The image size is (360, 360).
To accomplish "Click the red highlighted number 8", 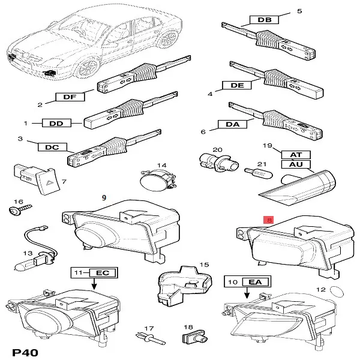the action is [x=269, y=220].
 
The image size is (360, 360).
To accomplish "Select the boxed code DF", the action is [x=70, y=97].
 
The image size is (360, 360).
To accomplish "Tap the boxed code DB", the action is [x=264, y=20].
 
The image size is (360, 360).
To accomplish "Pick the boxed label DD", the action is [x=56, y=123].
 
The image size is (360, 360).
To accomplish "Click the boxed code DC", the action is [x=52, y=147].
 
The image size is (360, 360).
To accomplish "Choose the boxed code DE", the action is [x=237, y=85].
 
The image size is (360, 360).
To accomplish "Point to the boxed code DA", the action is [x=232, y=124].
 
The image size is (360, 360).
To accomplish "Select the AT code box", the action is [x=296, y=155].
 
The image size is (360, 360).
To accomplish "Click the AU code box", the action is [x=296, y=164].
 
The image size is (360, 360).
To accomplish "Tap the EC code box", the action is [x=103, y=273].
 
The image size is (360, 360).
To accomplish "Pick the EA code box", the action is [x=256, y=281].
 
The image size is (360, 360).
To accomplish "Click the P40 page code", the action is [x=25, y=353].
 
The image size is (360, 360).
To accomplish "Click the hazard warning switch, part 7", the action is [x=37, y=179].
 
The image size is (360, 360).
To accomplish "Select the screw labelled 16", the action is [x=20, y=209].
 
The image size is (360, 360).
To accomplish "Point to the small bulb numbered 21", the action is [x=259, y=173].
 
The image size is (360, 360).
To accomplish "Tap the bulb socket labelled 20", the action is [x=219, y=163].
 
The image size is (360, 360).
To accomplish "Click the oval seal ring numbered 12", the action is [x=337, y=292].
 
